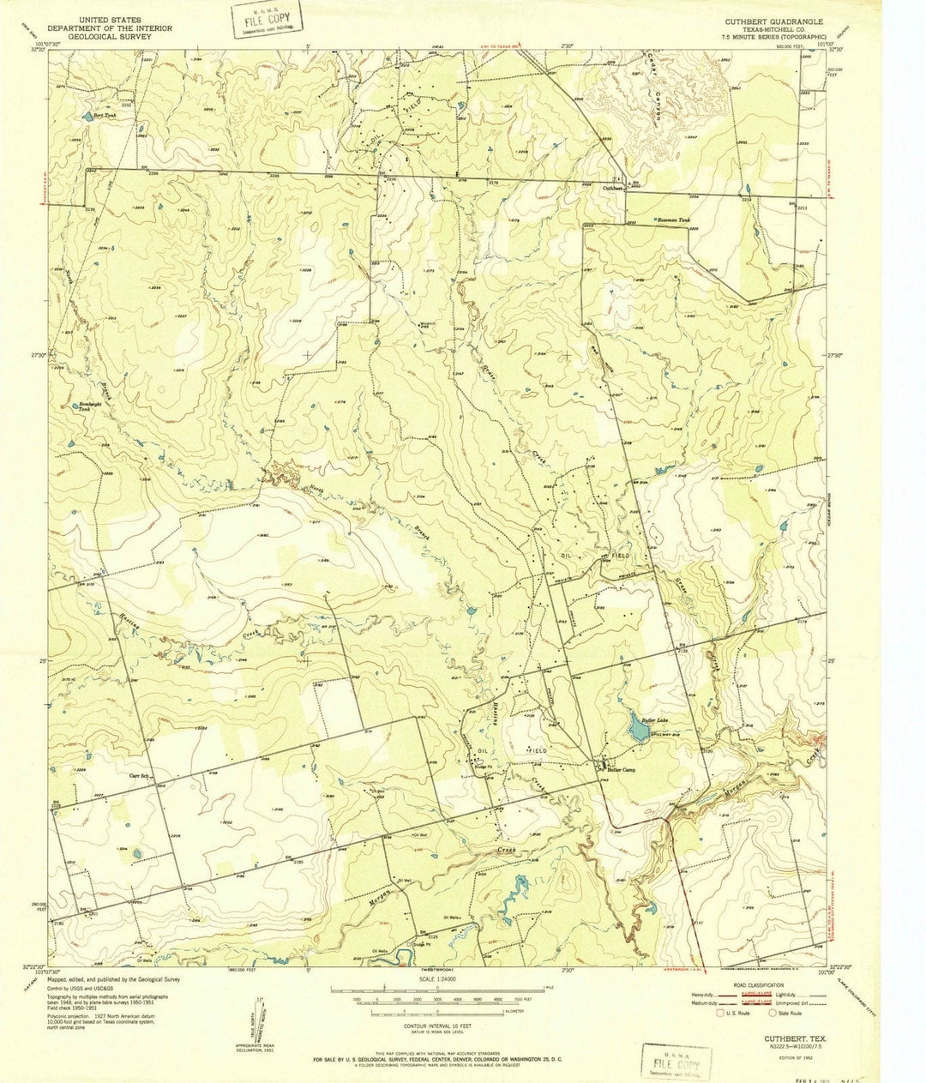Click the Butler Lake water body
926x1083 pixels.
[x=636, y=730]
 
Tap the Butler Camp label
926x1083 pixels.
[x=625, y=769]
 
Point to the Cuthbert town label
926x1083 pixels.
[x=611, y=187]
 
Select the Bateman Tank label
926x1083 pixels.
[x=673, y=220]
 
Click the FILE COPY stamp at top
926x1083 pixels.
[x=267, y=20]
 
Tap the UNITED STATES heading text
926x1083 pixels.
[x=111, y=18]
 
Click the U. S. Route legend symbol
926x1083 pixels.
[x=722, y=1013]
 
